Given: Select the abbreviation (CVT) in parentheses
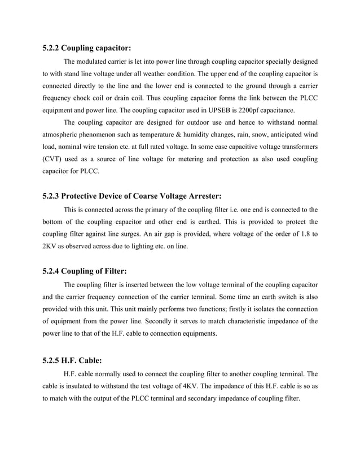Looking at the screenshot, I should (x=54, y=160).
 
